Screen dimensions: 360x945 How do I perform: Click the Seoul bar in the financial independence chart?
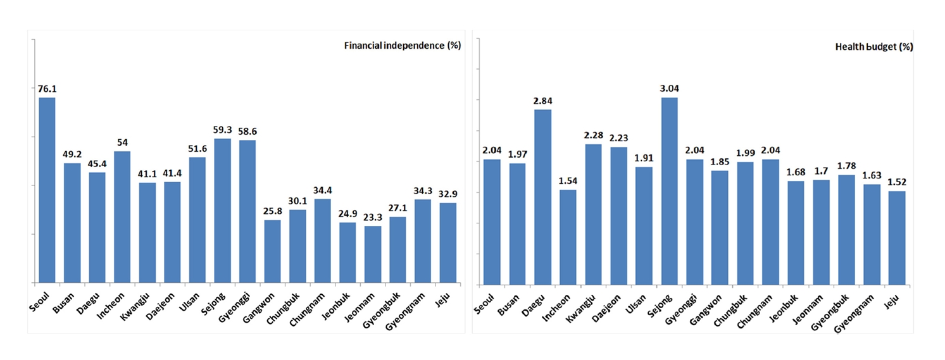point(47,190)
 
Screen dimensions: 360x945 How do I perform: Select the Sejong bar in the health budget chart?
point(669,190)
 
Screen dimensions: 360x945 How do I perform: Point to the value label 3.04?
point(669,89)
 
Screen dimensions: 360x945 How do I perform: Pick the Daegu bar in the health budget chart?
point(542,196)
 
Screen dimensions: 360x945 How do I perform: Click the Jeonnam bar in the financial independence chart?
point(373,254)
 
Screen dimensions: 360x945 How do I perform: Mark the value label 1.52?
point(897,182)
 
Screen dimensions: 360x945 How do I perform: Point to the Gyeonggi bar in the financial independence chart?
point(247,211)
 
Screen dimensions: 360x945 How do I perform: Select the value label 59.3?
point(223,130)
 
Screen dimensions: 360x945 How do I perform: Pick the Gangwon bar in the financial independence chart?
point(273,251)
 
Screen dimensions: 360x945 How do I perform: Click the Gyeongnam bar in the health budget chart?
point(872,233)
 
